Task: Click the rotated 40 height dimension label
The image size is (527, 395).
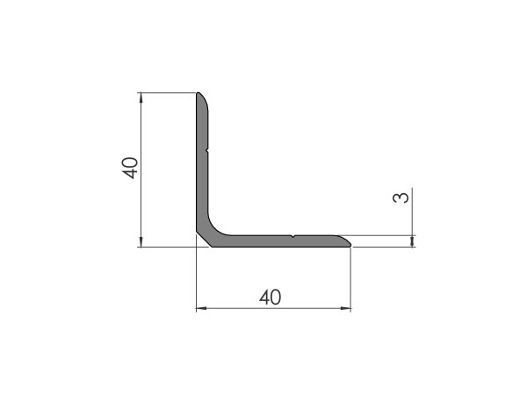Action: tap(130, 168)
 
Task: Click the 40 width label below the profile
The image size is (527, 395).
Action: tap(270, 298)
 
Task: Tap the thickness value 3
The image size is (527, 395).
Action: tap(401, 197)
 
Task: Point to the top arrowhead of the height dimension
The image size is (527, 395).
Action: tap(141, 97)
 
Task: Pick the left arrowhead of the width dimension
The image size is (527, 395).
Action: tap(201, 308)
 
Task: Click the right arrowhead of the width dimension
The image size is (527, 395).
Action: tap(346, 308)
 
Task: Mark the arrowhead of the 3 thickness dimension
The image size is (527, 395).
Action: tap(413, 241)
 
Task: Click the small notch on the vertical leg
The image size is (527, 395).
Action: tap(207, 150)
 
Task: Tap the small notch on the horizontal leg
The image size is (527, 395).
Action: tap(292, 237)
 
